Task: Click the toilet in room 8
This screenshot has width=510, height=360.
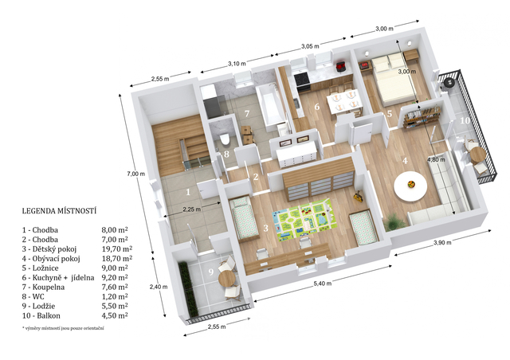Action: point(225,139)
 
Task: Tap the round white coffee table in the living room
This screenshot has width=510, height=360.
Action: point(410,186)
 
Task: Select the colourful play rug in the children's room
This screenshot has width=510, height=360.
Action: point(304,219)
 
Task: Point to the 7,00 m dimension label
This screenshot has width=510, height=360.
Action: point(135,174)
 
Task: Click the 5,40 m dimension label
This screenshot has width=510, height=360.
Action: point(323,284)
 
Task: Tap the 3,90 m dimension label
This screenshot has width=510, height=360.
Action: point(442,243)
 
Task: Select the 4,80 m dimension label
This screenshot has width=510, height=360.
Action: point(436,159)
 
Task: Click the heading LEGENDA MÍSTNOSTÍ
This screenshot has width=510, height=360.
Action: point(59,211)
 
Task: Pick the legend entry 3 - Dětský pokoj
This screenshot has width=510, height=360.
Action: point(49,249)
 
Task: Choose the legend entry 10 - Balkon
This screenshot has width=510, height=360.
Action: point(41,315)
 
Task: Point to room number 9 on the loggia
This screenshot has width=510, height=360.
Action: point(210,272)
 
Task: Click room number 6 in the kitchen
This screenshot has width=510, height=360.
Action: point(317,107)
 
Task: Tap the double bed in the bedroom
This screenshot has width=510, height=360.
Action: point(393,80)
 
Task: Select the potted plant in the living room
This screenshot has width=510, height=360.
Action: point(394,221)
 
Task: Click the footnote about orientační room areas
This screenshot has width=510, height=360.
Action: point(63,328)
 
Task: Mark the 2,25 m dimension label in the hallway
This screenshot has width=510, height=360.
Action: point(191,209)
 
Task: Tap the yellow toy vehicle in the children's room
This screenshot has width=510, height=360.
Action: point(358,197)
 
